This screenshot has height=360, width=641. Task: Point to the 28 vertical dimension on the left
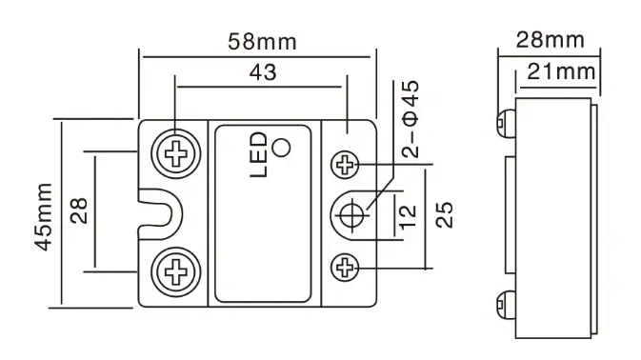click(x=78, y=210)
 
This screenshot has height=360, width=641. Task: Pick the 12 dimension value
click(x=408, y=216)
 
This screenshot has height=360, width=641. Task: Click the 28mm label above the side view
click(x=551, y=40)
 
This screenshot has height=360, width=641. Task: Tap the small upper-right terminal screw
click(x=344, y=165)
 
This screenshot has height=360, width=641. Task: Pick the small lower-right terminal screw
click(x=344, y=268)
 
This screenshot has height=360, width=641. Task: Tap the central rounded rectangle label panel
click(x=263, y=214)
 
